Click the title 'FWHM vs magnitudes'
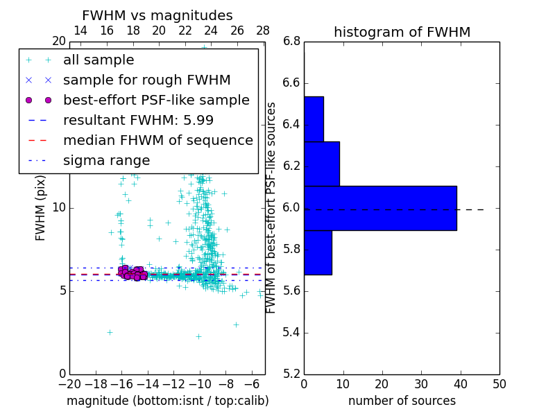click(x=157, y=15)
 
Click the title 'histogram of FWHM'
click(x=402, y=32)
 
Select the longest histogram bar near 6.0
click(x=380, y=208)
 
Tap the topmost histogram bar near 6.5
click(x=314, y=119)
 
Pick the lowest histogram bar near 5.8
click(x=318, y=252)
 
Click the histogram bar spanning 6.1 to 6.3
click(x=322, y=164)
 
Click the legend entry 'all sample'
click(x=99, y=60)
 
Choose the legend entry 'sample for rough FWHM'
click(x=146, y=80)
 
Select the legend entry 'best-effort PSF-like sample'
click(x=156, y=101)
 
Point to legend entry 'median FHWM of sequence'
click(x=157, y=141)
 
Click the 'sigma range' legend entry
click(x=106, y=161)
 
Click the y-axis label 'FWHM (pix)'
click(x=41, y=209)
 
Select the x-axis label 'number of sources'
click(x=402, y=401)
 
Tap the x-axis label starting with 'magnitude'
click(x=167, y=401)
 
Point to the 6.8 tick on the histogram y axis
click(x=291, y=42)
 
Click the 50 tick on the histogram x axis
click(x=499, y=383)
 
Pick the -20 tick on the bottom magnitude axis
click(x=69, y=383)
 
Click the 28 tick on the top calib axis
click(x=263, y=31)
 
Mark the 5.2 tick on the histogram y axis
click(x=291, y=374)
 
